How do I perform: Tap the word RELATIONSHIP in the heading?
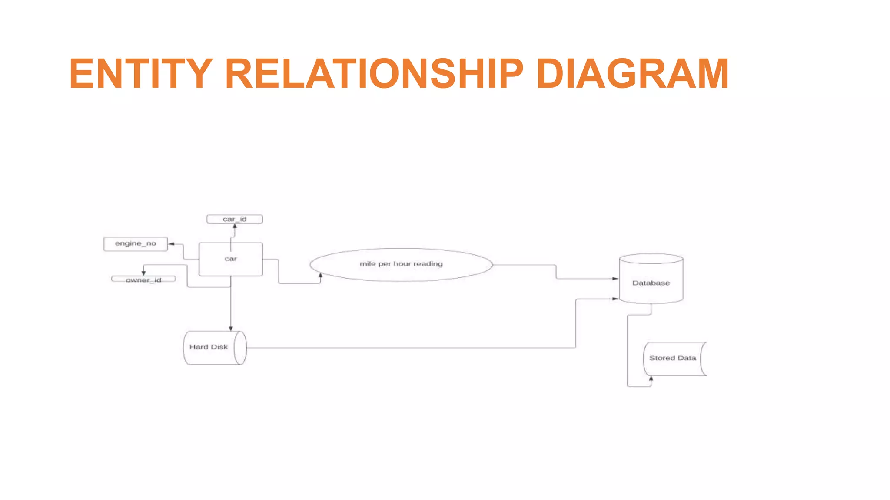[374, 74]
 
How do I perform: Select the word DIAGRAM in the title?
[632, 74]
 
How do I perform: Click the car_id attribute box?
[235, 219]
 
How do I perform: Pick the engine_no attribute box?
[136, 244]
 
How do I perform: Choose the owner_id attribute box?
[143, 280]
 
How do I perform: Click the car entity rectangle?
[231, 259]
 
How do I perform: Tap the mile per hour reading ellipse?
[401, 264]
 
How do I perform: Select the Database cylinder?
[651, 279]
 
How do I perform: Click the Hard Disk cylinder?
[215, 348]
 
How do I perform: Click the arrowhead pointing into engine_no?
[171, 244]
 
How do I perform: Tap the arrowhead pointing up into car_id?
[235, 226]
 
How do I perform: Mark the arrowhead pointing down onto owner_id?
[143, 273]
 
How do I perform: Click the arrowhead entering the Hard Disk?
[231, 329]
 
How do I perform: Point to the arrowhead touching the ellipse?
[321, 276]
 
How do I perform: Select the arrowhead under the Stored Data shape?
[651, 379]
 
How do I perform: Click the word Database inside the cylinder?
[651, 283]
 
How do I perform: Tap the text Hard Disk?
[209, 347]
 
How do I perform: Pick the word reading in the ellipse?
[428, 264]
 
